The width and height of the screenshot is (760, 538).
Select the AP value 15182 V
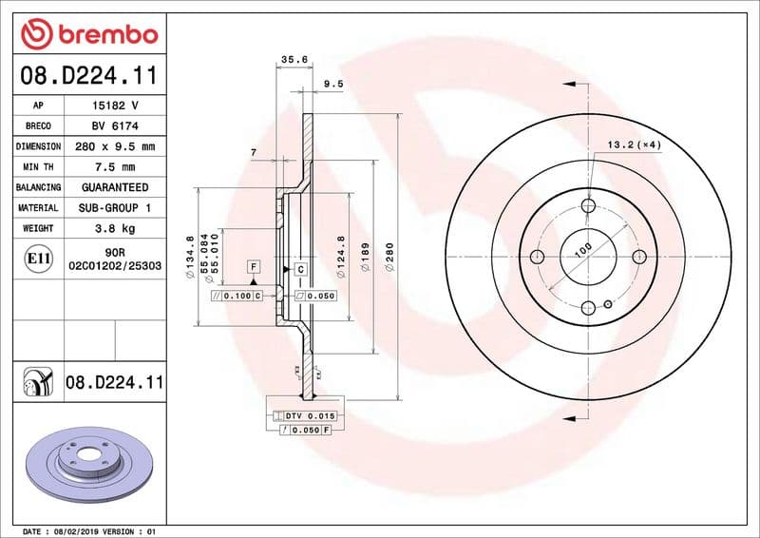[x=114, y=105]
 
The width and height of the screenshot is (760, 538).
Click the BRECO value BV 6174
[x=114, y=125]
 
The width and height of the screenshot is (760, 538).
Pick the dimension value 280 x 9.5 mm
[x=114, y=146]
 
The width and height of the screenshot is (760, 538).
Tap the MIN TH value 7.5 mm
[x=114, y=166]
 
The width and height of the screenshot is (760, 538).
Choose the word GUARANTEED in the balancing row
[x=114, y=187]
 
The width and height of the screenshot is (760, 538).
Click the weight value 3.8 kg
[x=114, y=228]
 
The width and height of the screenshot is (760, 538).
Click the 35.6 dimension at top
[x=294, y=59]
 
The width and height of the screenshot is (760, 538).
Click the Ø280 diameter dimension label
[x=389, y=256]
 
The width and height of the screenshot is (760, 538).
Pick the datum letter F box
[x=254, y=267]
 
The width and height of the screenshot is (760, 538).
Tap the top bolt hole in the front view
[x=588, y=206]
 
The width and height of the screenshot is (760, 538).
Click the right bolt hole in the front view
[x=638, y=256]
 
